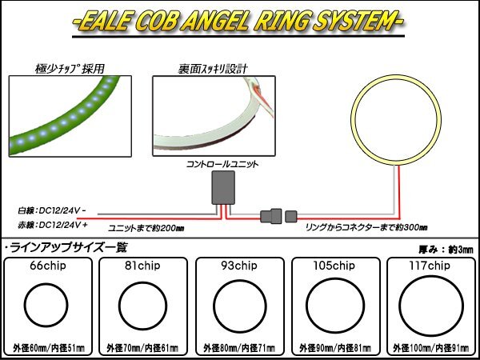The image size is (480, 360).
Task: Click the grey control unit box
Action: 223,187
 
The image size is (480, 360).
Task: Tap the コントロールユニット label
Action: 223,164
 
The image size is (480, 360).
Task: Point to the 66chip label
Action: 48,266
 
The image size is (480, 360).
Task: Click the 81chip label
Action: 142,266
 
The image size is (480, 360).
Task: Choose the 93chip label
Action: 239,266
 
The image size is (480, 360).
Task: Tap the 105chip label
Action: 334,266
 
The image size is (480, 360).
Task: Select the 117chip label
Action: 430,266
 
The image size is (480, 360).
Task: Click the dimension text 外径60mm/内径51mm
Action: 48,348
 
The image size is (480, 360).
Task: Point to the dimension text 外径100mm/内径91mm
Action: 430,348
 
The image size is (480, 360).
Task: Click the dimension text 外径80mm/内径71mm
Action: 239,348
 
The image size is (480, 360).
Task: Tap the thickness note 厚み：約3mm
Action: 446,250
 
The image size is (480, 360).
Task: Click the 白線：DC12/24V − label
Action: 52,210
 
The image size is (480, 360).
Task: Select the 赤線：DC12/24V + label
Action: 53,225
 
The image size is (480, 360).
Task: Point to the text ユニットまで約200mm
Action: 146,229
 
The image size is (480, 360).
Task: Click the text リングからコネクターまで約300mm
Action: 366,228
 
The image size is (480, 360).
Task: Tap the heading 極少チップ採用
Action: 70,70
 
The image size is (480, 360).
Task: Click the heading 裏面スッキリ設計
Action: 213,70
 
